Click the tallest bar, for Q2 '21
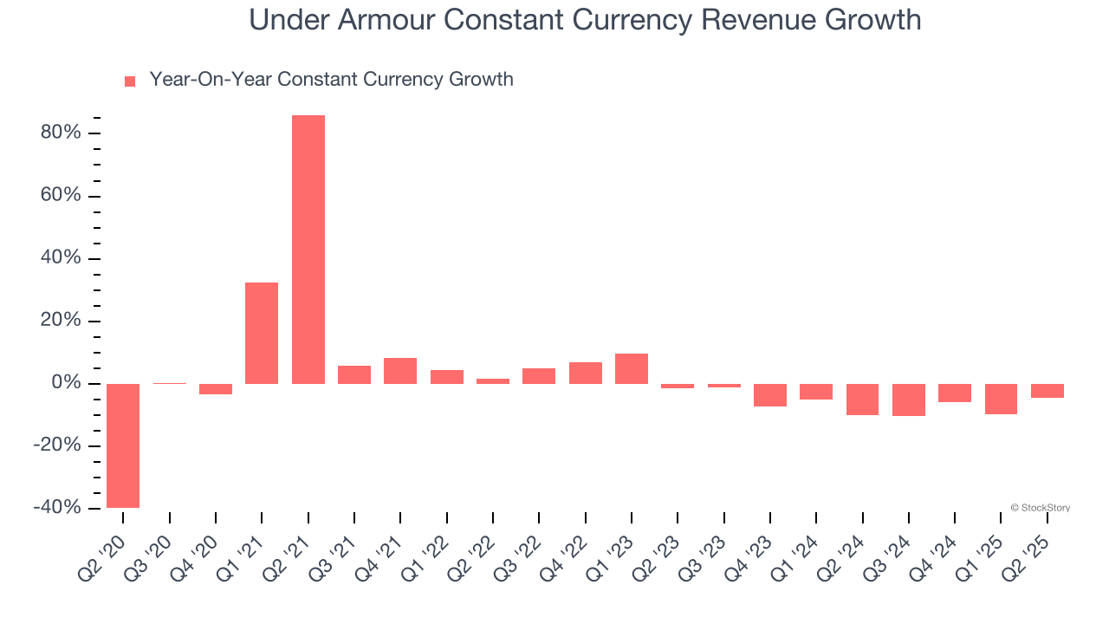[308, 250]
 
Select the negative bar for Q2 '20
[123, 445]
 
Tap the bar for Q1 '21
[262, 333]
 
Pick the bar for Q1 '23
[632, 368]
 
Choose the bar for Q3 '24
[909, 400]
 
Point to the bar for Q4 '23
[770, 395]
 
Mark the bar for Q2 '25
[1047, 391]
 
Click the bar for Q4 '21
[400, 371]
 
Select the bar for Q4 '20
[216, 389]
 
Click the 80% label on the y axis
[60, 133]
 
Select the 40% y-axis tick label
[60, 258]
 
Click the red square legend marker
[130, 81]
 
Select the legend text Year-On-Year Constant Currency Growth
[331, 80]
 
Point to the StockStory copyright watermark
[1040, 508]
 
